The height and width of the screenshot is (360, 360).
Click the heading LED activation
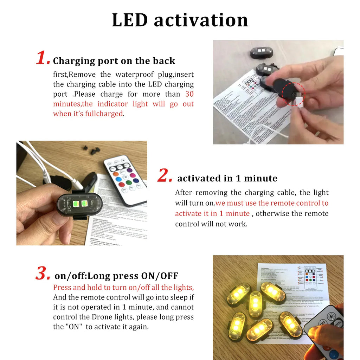pos(180,20)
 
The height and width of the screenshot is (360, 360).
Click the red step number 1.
pos(43,58)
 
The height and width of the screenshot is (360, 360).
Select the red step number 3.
pos(43,274)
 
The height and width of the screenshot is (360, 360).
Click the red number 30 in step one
pos(189,94)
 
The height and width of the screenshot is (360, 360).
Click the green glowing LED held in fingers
pos(79,204)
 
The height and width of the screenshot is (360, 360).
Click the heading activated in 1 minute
pos(227,178)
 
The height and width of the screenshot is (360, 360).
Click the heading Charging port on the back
pos(114,61)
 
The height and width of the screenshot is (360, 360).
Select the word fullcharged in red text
pos(104,114)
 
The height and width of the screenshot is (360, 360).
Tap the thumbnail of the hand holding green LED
pos(82,193)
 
